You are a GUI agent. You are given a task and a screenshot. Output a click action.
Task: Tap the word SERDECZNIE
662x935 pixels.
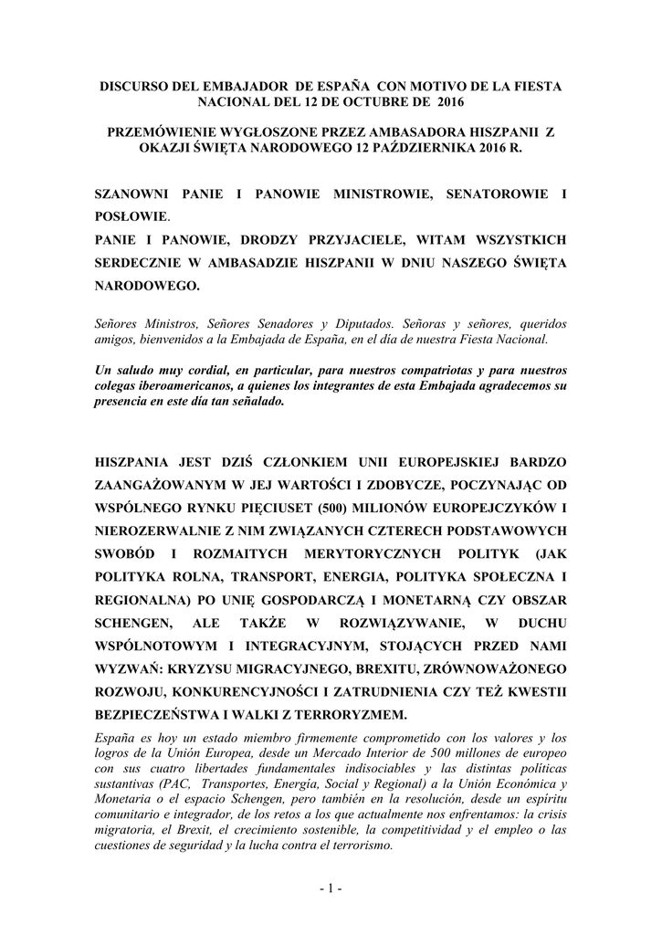[x=145, y=263]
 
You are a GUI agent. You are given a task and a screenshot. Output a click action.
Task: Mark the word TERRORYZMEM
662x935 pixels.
[x=347, y=715]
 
